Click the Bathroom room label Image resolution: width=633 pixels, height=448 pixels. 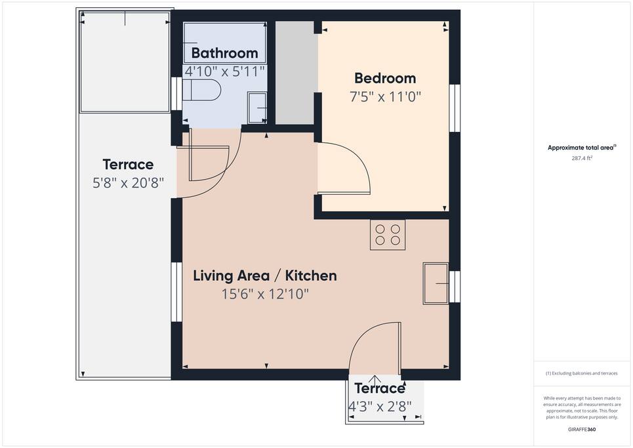tap(224, 53)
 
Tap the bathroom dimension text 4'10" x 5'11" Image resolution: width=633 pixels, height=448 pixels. tap(224, 71)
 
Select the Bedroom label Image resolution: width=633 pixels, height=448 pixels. tap(385, 78)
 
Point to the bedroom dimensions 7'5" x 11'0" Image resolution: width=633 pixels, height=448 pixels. tap(385, 97)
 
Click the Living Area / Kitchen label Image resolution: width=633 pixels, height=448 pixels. tap(265, 275)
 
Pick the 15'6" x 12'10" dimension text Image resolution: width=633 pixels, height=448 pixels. tap(265, 294)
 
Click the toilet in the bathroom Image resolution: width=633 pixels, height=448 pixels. tap(201, 90)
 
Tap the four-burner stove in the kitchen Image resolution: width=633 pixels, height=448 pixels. tap(388, 235)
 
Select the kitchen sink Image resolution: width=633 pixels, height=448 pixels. tap(436, 284)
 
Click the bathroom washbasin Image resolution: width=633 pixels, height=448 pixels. tap(256, 108)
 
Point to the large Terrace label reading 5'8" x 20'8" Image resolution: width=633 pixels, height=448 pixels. tap(128, 174)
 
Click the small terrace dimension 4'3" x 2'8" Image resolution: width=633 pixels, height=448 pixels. tap(380, 406)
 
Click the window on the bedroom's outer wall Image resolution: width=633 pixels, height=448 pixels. tap(455, 108)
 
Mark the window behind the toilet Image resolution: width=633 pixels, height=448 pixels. tap(176, 94)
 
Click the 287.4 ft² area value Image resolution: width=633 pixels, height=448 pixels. tap(582, 158)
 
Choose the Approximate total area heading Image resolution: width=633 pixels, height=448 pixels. tap(582, 148)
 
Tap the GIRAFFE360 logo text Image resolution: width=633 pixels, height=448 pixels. tap(582, 430)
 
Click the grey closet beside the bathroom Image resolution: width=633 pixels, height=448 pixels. tap(295, 73)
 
